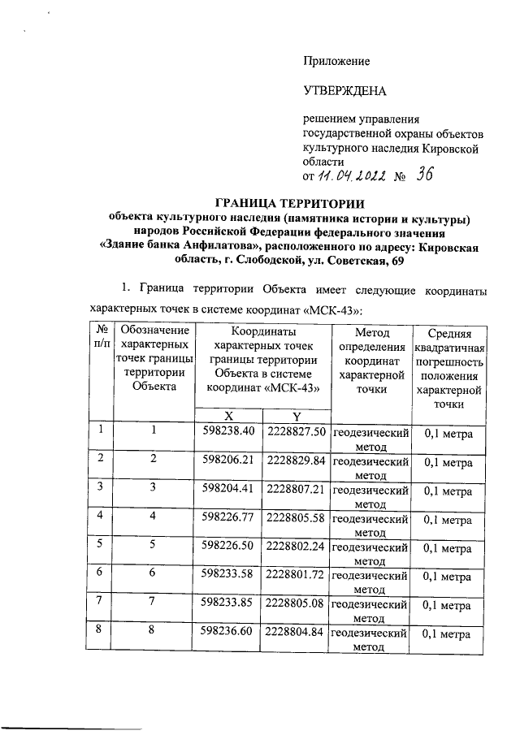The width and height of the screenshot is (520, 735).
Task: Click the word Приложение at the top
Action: (336, 62)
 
